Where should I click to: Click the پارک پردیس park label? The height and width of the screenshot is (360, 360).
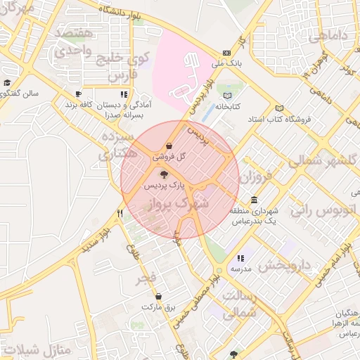coord(164,186)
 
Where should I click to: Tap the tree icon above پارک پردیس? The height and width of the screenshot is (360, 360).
coord(164,174)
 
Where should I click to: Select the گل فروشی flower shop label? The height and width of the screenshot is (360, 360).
coord(172,157)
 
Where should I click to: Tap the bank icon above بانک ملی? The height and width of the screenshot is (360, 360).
coord(226,53)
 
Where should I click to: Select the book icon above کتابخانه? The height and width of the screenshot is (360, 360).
coord(226,96)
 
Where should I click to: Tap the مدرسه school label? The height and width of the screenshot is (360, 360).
coord(240,269)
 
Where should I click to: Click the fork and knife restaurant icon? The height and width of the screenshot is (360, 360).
coord(120,213)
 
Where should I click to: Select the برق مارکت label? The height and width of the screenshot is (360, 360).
coord(157,307)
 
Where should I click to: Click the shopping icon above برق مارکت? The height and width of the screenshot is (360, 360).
coord(157,296)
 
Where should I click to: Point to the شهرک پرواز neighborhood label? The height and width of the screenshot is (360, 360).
coord(179,205)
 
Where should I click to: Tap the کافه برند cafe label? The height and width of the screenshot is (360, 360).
coord(80,104)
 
